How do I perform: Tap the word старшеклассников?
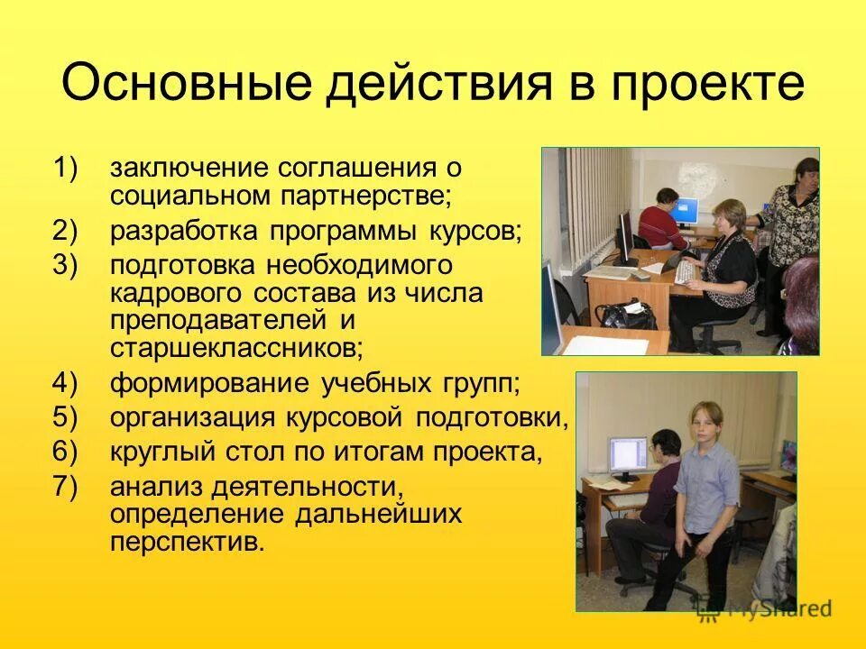pos(237,347)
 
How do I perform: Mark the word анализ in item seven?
pos(155,487)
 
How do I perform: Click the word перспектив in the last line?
pos(188,542)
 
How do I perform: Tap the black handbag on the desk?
pos(624,315)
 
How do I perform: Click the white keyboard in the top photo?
pos(688,273)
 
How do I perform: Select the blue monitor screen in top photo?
pos(686,211)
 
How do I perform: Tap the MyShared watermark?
pos(765,608)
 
